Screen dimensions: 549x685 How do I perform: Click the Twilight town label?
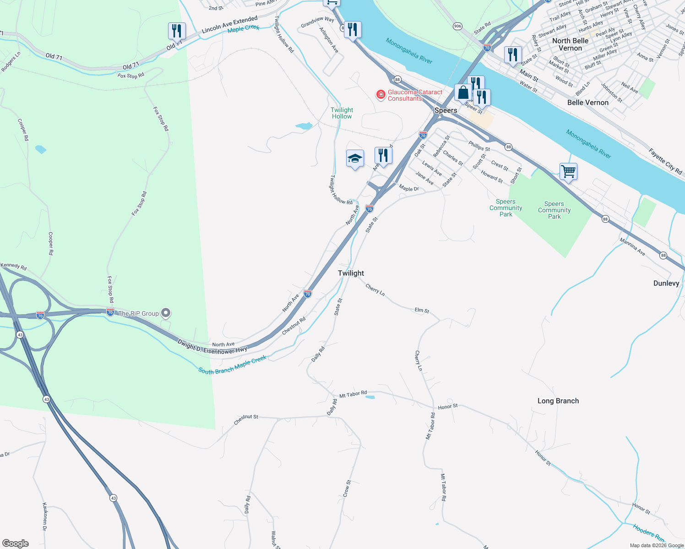351,273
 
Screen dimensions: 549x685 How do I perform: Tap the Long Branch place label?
558,401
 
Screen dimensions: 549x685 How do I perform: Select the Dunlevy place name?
666,283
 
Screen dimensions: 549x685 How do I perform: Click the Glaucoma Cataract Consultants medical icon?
381,95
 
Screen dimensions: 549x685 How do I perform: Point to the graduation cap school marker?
355,159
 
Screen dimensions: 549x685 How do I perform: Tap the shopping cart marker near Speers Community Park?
568,172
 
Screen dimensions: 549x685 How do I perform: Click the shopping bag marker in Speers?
463,92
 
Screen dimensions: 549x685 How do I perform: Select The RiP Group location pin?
166,313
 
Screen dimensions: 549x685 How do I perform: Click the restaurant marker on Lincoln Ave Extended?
177,31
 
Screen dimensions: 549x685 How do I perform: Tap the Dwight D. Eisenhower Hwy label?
212,347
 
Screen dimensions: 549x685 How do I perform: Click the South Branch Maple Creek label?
232,365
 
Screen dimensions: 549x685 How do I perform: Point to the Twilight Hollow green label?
342,113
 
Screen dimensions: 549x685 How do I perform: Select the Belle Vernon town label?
587,102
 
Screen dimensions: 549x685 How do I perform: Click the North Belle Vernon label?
570,44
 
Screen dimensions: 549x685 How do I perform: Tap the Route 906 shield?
457,26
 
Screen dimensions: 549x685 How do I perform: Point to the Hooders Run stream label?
648,533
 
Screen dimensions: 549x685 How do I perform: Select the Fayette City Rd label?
665,161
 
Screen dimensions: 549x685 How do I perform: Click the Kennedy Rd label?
13,266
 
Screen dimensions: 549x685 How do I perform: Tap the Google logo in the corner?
16,544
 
